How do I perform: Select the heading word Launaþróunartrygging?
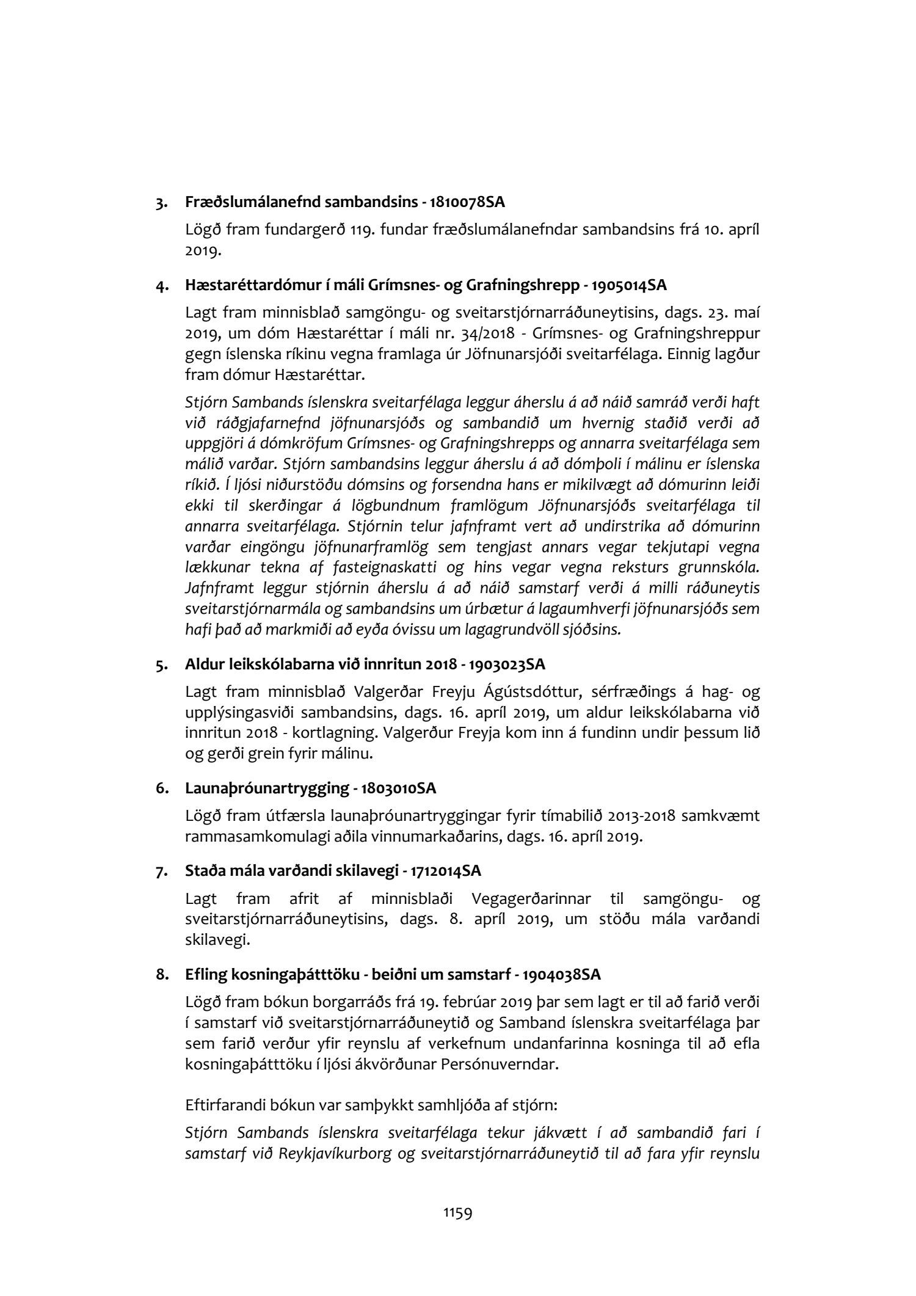[x=265, y=788]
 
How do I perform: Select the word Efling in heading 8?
[x=205, y=975]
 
